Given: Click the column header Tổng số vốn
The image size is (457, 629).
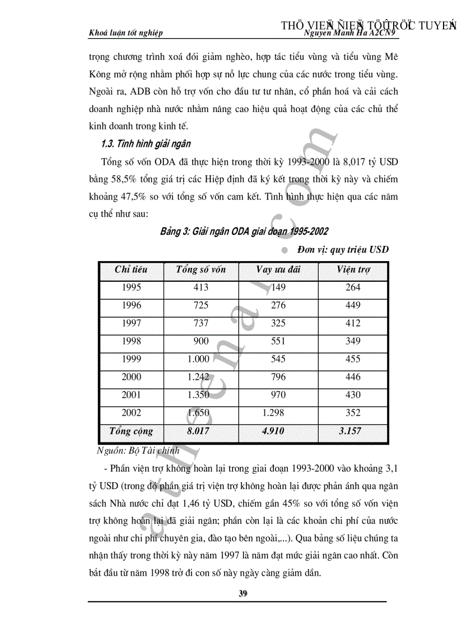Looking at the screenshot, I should pos(200,269).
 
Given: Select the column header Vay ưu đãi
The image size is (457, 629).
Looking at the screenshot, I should pos(278,269).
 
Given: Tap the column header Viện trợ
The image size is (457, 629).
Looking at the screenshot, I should pos(353,269).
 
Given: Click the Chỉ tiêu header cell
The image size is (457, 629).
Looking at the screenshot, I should pos(131,269).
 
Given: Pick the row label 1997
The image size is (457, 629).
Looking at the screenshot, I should pos(131,323).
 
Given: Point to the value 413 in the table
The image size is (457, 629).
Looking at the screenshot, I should pos(200,287).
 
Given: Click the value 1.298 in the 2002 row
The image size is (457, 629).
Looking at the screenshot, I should pos(273,413).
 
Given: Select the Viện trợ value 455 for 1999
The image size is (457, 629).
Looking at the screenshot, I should pos(353,359).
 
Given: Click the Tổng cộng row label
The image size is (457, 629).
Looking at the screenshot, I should pos(131,431).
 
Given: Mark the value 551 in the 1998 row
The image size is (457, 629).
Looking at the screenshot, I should pos(278,341).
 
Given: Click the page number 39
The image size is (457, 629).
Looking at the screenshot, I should pos(243,594).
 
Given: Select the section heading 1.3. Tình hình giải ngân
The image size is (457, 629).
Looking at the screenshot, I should pos(146,144).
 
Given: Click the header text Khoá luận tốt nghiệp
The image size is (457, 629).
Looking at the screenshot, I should pos(126,33).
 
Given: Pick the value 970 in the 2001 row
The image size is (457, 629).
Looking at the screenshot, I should pos(278,395).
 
